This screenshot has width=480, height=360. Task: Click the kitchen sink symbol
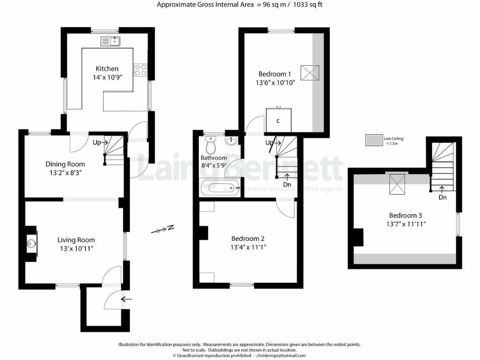pyautogui.click(x=110, y=42)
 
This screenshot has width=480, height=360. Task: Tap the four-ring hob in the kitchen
pyautogui.click(x=141, y=70)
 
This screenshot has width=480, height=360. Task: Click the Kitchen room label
pyautogui.click(x=107, y=68)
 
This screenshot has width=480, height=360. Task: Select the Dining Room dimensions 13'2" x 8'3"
pyautogui.click(x=65, y=172)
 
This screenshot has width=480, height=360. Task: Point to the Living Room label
pyautogui.click(x=76, y=240)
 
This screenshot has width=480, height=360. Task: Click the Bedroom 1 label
pyautogui.click(x=275, y=74)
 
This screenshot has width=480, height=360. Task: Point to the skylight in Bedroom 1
pyautogui.click(x=310, y=73)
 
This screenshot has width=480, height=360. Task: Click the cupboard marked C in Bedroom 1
pyautogui.click(x=278, y=120)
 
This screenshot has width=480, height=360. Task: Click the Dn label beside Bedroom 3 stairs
pyautogui.click(x=442, y=197)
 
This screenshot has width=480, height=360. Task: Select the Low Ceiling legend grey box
pyautogui.click(x=374, y=140)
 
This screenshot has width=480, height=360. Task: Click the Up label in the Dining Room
pyautogui.click(x=97, y=142)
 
